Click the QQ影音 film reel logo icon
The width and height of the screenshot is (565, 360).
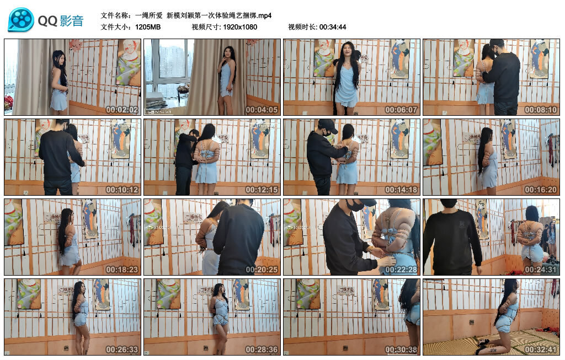point(21,20)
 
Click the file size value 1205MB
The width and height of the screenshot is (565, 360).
point(148,27)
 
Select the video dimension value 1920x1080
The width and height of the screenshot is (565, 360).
point(240,27)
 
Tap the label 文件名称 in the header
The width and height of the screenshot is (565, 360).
point(116,15)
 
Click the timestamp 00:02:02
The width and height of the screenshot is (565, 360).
point(122,110)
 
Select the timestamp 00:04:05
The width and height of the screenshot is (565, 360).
point(262,110)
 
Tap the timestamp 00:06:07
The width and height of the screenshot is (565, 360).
point(401,110)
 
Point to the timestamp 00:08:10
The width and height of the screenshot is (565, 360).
point(541,110)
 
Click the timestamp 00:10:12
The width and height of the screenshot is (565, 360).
point(122,190)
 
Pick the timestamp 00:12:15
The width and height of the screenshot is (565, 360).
point(262,190)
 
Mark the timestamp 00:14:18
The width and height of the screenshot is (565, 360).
point(401,190)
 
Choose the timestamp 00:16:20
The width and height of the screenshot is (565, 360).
point(541,190)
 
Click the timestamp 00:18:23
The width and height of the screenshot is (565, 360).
point(122,270)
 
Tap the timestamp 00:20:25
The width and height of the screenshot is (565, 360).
point(262,270)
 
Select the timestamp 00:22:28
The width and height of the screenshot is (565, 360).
point(401,270)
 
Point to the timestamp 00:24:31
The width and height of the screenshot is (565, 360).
point(541,270)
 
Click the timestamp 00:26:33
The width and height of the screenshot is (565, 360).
point(122,350)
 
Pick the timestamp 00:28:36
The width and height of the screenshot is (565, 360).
point(262,350)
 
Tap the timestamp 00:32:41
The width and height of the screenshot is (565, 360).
point(541,350)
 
